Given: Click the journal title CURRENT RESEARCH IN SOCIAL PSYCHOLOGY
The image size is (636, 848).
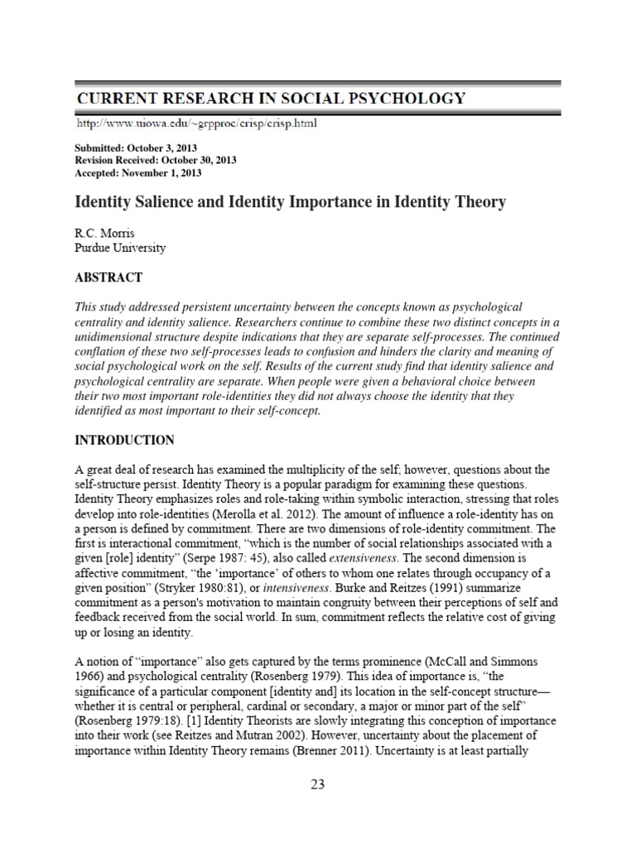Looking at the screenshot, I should (x=271, y=99).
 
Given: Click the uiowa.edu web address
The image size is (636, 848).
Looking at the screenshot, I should (x=195, y=124).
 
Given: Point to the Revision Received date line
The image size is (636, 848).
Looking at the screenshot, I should (x=151, y=161).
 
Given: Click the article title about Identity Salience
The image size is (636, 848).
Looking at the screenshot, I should (x=291, y=202).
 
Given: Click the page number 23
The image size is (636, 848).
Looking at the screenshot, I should (x=317, y=786).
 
